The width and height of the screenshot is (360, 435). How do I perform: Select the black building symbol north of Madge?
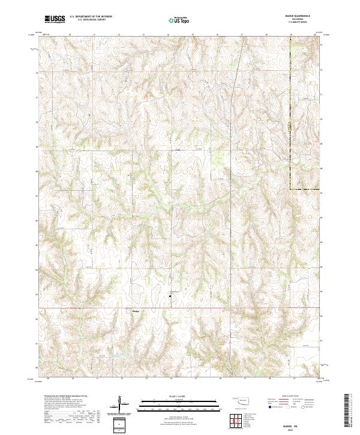click(x=169, y=295)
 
